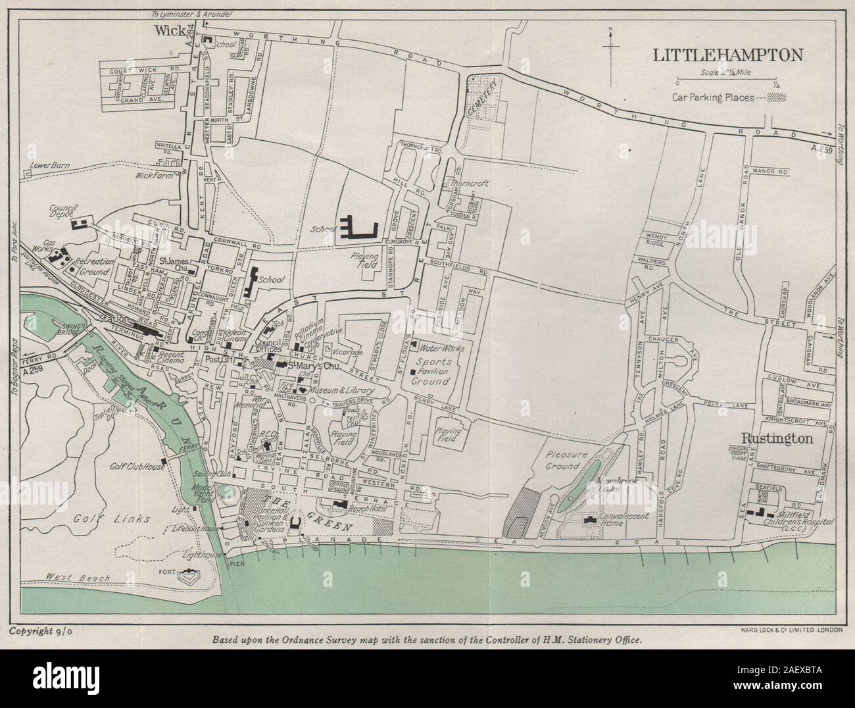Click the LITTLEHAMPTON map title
tap(727, 55)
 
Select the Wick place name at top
tap(167, 30)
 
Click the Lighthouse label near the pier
tap(203, 555)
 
